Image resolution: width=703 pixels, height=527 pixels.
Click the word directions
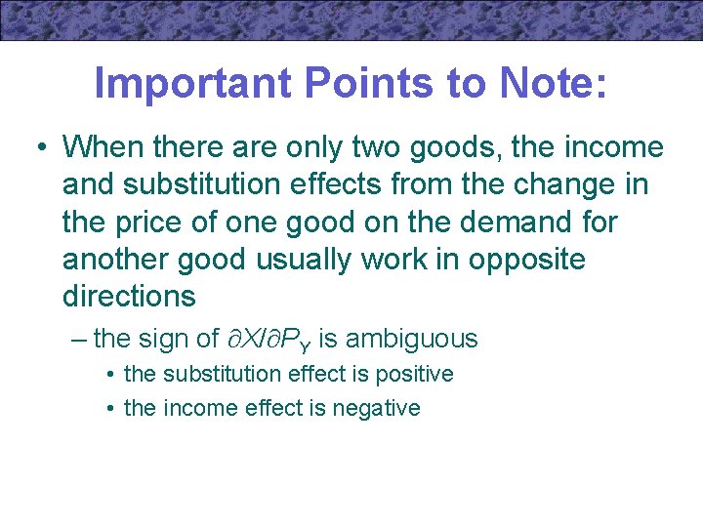pos(129,296)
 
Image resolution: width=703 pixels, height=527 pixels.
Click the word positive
pos(414,374)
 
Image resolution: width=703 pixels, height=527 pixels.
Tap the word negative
pos(380,408)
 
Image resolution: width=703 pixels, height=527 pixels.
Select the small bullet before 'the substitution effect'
pos(112,375)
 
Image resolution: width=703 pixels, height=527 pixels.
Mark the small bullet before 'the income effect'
pos(112,409)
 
